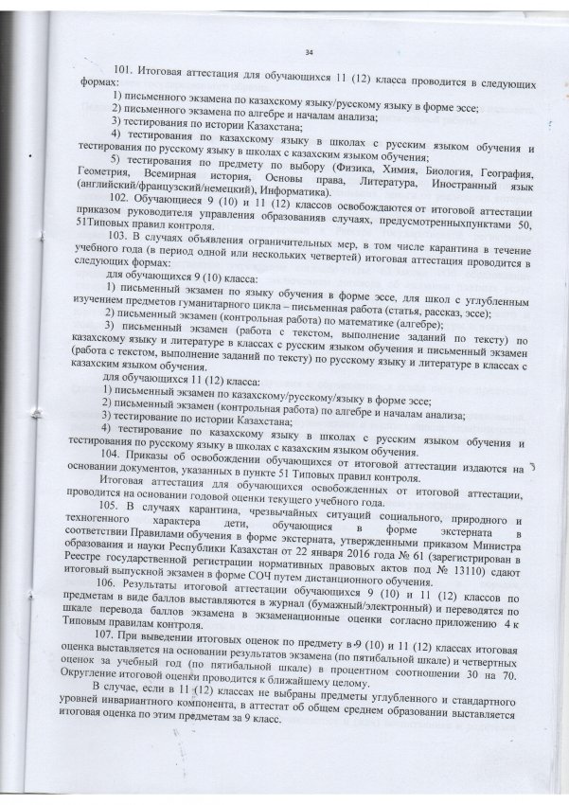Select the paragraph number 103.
pos(125,235)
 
